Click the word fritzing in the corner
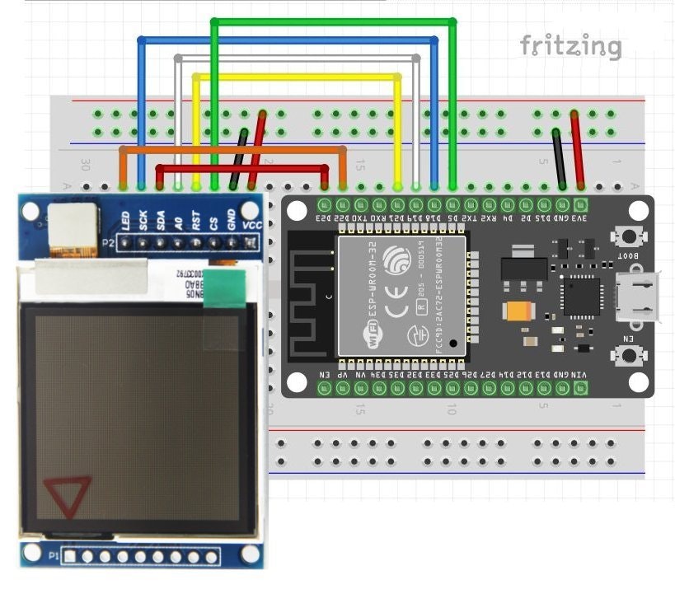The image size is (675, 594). [570, 46]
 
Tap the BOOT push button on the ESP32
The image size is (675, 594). [629, 236]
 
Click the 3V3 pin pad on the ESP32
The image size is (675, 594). [580, 203]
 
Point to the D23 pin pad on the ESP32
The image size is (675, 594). [324, 203]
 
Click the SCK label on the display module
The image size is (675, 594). [143, 220]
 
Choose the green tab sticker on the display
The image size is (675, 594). [224, 288]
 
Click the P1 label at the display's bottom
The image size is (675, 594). [54, 557]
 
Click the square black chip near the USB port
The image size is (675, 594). [582, 295]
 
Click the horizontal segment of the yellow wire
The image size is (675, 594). [297, 77]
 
